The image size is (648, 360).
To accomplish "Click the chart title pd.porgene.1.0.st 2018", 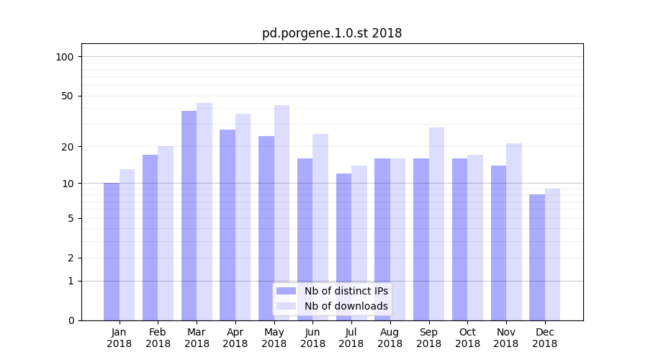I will (332, 33).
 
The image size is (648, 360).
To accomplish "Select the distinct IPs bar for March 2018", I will (189, 215).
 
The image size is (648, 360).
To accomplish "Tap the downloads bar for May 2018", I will (282, 212).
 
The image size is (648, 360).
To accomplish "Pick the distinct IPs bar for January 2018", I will (112, 251).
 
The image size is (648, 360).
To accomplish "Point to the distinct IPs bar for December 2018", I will (537, 257).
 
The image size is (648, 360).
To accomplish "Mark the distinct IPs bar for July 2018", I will (343, 246).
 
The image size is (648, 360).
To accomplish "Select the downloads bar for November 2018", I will (514, 231).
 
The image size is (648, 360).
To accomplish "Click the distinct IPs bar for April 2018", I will (228, 225).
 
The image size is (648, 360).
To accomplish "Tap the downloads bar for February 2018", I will (166, 233).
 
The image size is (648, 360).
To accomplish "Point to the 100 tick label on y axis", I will (65, 57).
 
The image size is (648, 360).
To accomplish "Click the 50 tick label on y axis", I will (68, 96).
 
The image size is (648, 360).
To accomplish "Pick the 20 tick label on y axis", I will (68, 147).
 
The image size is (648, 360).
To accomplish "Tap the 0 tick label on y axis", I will (71, 320).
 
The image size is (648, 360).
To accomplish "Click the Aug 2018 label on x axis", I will (390, 338).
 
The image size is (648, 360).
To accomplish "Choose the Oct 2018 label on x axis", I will (467, 338).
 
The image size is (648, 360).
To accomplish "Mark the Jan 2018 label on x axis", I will (120, 338).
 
